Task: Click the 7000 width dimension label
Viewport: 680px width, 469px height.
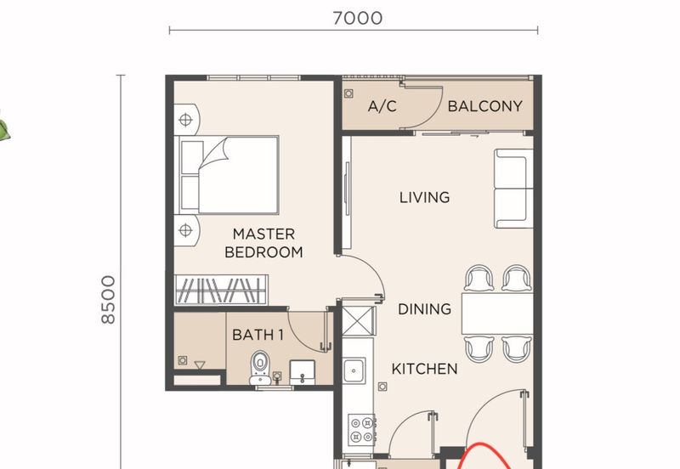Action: coord(358,18)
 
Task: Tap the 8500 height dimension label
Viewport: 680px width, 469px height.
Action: coord(109,300)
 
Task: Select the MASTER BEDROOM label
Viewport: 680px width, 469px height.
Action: coord(263,243)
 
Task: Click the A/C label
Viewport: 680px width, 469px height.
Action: coord(382,106)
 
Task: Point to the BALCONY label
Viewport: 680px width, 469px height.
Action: coord(484,106)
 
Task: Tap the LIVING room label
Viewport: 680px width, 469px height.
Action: coord(424,198)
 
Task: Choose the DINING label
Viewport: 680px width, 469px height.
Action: coord(424,309)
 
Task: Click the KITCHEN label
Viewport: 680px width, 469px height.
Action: coord(424,369)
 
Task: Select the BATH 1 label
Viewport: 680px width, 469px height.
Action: coord(258,335)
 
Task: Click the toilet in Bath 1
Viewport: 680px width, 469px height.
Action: coord(260,368)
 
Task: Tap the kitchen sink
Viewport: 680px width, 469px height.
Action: coord(354,370)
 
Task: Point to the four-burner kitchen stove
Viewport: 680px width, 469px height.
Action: coord(362,429)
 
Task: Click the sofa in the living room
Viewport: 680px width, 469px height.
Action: coord(514,189)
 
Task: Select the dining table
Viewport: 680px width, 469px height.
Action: coord(497,314)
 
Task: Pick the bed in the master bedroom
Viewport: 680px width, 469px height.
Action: coord(226,175)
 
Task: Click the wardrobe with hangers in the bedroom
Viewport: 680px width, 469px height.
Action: coord(221,290)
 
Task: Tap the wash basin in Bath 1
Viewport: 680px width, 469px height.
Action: coord(303,372)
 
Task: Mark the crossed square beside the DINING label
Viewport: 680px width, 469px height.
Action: coord(358,321)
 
